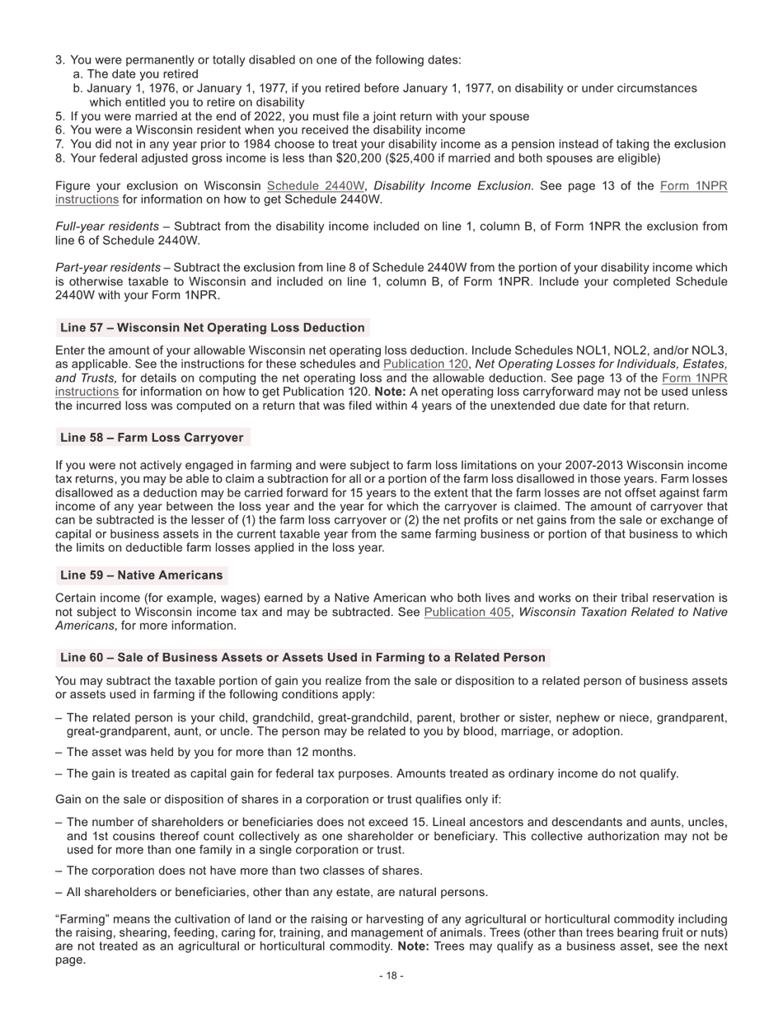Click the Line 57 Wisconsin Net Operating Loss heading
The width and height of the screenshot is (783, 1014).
click(x=212, y=327)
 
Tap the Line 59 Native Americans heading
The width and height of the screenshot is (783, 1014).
click(x=141, y=575)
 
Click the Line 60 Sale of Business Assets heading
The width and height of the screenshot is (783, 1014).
click(x=302, y=657)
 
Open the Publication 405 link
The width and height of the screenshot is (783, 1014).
click(x=467, y=612)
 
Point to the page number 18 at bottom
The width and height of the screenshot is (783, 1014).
click(x=391, y=975)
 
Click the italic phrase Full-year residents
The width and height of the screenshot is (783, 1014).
click(x=106, y=226)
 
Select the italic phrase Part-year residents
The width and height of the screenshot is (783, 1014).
click(x=107, y=267)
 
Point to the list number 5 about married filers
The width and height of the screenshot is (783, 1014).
click(x=59, y=116)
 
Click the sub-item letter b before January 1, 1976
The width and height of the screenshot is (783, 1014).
click(x=77, y=88)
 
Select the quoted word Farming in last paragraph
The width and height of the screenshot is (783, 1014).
click(x=81, y=919)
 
